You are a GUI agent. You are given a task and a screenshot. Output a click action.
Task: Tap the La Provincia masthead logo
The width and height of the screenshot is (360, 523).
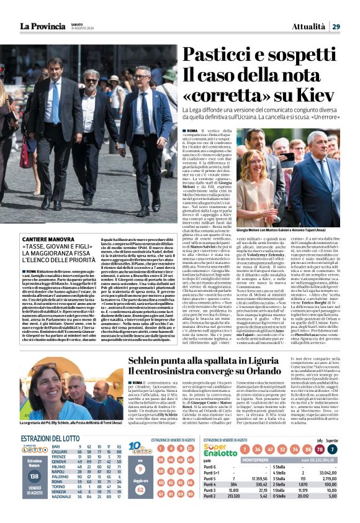43,26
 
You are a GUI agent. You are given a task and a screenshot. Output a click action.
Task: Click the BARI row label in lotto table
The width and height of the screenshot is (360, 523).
56,446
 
